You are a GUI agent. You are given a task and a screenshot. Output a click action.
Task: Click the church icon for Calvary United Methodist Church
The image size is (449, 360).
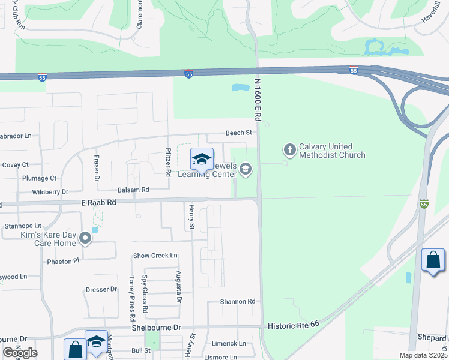tap(290, 149)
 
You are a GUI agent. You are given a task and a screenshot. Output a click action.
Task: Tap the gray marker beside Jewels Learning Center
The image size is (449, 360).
tap(245, 169)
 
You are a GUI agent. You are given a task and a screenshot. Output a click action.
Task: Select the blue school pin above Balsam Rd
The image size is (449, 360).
tap(202, 160)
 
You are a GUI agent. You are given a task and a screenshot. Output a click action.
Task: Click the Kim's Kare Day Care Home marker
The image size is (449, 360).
tap(85, 238)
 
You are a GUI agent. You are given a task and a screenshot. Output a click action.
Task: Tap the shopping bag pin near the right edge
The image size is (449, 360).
tap(433, 260)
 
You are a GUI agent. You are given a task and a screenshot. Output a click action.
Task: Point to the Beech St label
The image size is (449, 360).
tap(238, 133)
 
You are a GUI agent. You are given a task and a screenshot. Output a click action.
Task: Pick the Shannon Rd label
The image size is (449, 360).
tap(238, 301)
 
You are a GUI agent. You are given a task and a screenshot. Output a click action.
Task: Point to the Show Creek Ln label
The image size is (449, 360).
tap(155, 256)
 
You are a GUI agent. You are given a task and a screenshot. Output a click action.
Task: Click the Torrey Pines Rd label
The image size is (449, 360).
tap(131, 294)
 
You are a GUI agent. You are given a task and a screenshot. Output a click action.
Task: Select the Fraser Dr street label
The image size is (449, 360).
tap(95, 167)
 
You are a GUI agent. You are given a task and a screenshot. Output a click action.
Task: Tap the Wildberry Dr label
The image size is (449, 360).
tap(50, 192)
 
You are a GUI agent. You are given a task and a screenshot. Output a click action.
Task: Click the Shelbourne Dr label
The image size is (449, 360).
tap(156, 328)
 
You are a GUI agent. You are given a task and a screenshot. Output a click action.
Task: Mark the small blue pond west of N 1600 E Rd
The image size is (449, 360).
tap(240, 88)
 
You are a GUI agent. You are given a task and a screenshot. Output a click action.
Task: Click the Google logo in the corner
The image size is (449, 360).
tap(20, 353)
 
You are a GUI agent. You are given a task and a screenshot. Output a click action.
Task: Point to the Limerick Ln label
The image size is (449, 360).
tap(229, 343)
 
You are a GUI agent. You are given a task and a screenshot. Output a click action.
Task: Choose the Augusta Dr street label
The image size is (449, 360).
tap(179, 285)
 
